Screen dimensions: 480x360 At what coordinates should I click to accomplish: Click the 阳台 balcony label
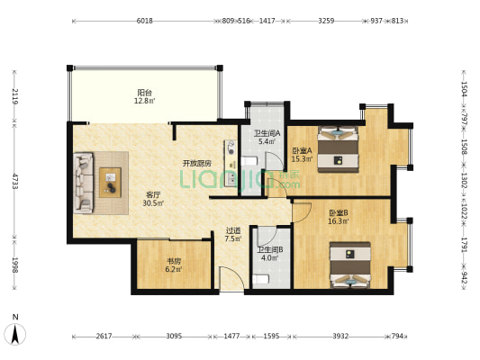coord(144,93)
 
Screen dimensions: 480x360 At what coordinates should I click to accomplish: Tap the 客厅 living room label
coord(153,194)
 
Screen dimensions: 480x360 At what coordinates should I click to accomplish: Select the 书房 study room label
coord(174,261)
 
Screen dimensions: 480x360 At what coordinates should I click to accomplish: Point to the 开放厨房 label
coord(197,164)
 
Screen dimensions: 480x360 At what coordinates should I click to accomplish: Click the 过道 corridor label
coord(233,230)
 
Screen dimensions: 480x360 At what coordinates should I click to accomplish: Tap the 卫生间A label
coord(267,133)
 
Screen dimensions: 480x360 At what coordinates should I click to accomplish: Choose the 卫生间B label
coord(269,250)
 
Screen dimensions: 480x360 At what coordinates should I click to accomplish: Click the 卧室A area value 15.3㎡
coord(303,159)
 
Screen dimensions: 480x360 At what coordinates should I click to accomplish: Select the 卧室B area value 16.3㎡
coord(339,221)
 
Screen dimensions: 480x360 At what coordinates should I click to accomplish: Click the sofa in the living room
coord(83,183)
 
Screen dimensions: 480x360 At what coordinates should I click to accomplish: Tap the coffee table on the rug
coord(110,183)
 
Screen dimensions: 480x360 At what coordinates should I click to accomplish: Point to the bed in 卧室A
coord(338,149)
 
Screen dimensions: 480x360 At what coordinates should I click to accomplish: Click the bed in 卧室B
coord(350,265)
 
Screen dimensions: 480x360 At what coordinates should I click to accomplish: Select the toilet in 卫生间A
coord(249,161)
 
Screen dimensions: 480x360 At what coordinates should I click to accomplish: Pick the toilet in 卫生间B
coord(261,279)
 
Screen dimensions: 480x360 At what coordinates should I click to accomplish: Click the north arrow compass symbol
coord(15,334)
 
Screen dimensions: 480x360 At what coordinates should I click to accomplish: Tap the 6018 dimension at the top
coord(144,21)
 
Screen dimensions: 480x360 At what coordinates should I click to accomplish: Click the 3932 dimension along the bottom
coord(340,337)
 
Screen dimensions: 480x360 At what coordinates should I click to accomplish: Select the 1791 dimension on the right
coord(465,245)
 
